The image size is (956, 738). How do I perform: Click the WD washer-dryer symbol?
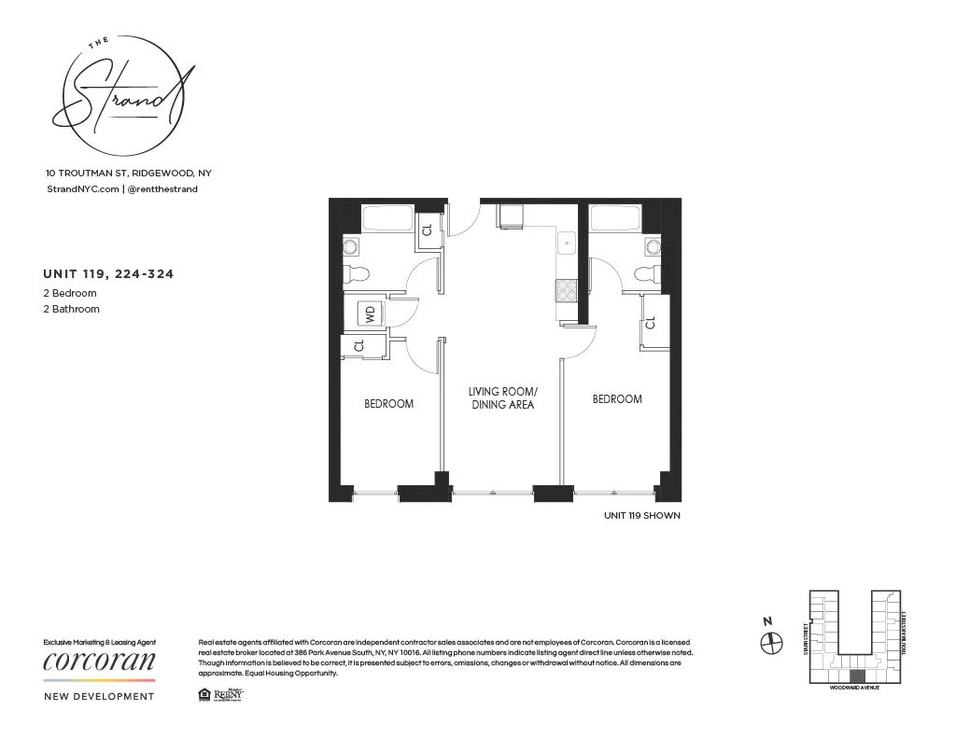[x=370, y=313]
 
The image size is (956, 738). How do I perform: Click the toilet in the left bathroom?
[x=357, y=273]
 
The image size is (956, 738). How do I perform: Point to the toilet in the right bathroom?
[x=646, y=273]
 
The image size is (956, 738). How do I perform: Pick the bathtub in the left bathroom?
[x=387, y=218]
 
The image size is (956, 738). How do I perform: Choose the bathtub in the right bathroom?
[x=615, y=218]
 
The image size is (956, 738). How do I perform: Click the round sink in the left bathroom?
[x=351, y=246]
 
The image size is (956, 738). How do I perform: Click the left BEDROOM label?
[x=388, y=404]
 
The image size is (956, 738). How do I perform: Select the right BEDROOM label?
[x=617, y=399]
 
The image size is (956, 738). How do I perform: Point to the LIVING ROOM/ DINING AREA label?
[x=502, y=398]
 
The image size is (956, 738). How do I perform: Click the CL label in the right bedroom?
[x=651, y=325]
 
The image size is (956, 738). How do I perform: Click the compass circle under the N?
[x=771, y=643]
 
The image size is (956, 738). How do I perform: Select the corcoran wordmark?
[x=100, y=661]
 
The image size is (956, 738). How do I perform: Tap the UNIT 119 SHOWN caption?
[x=642, y=515]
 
